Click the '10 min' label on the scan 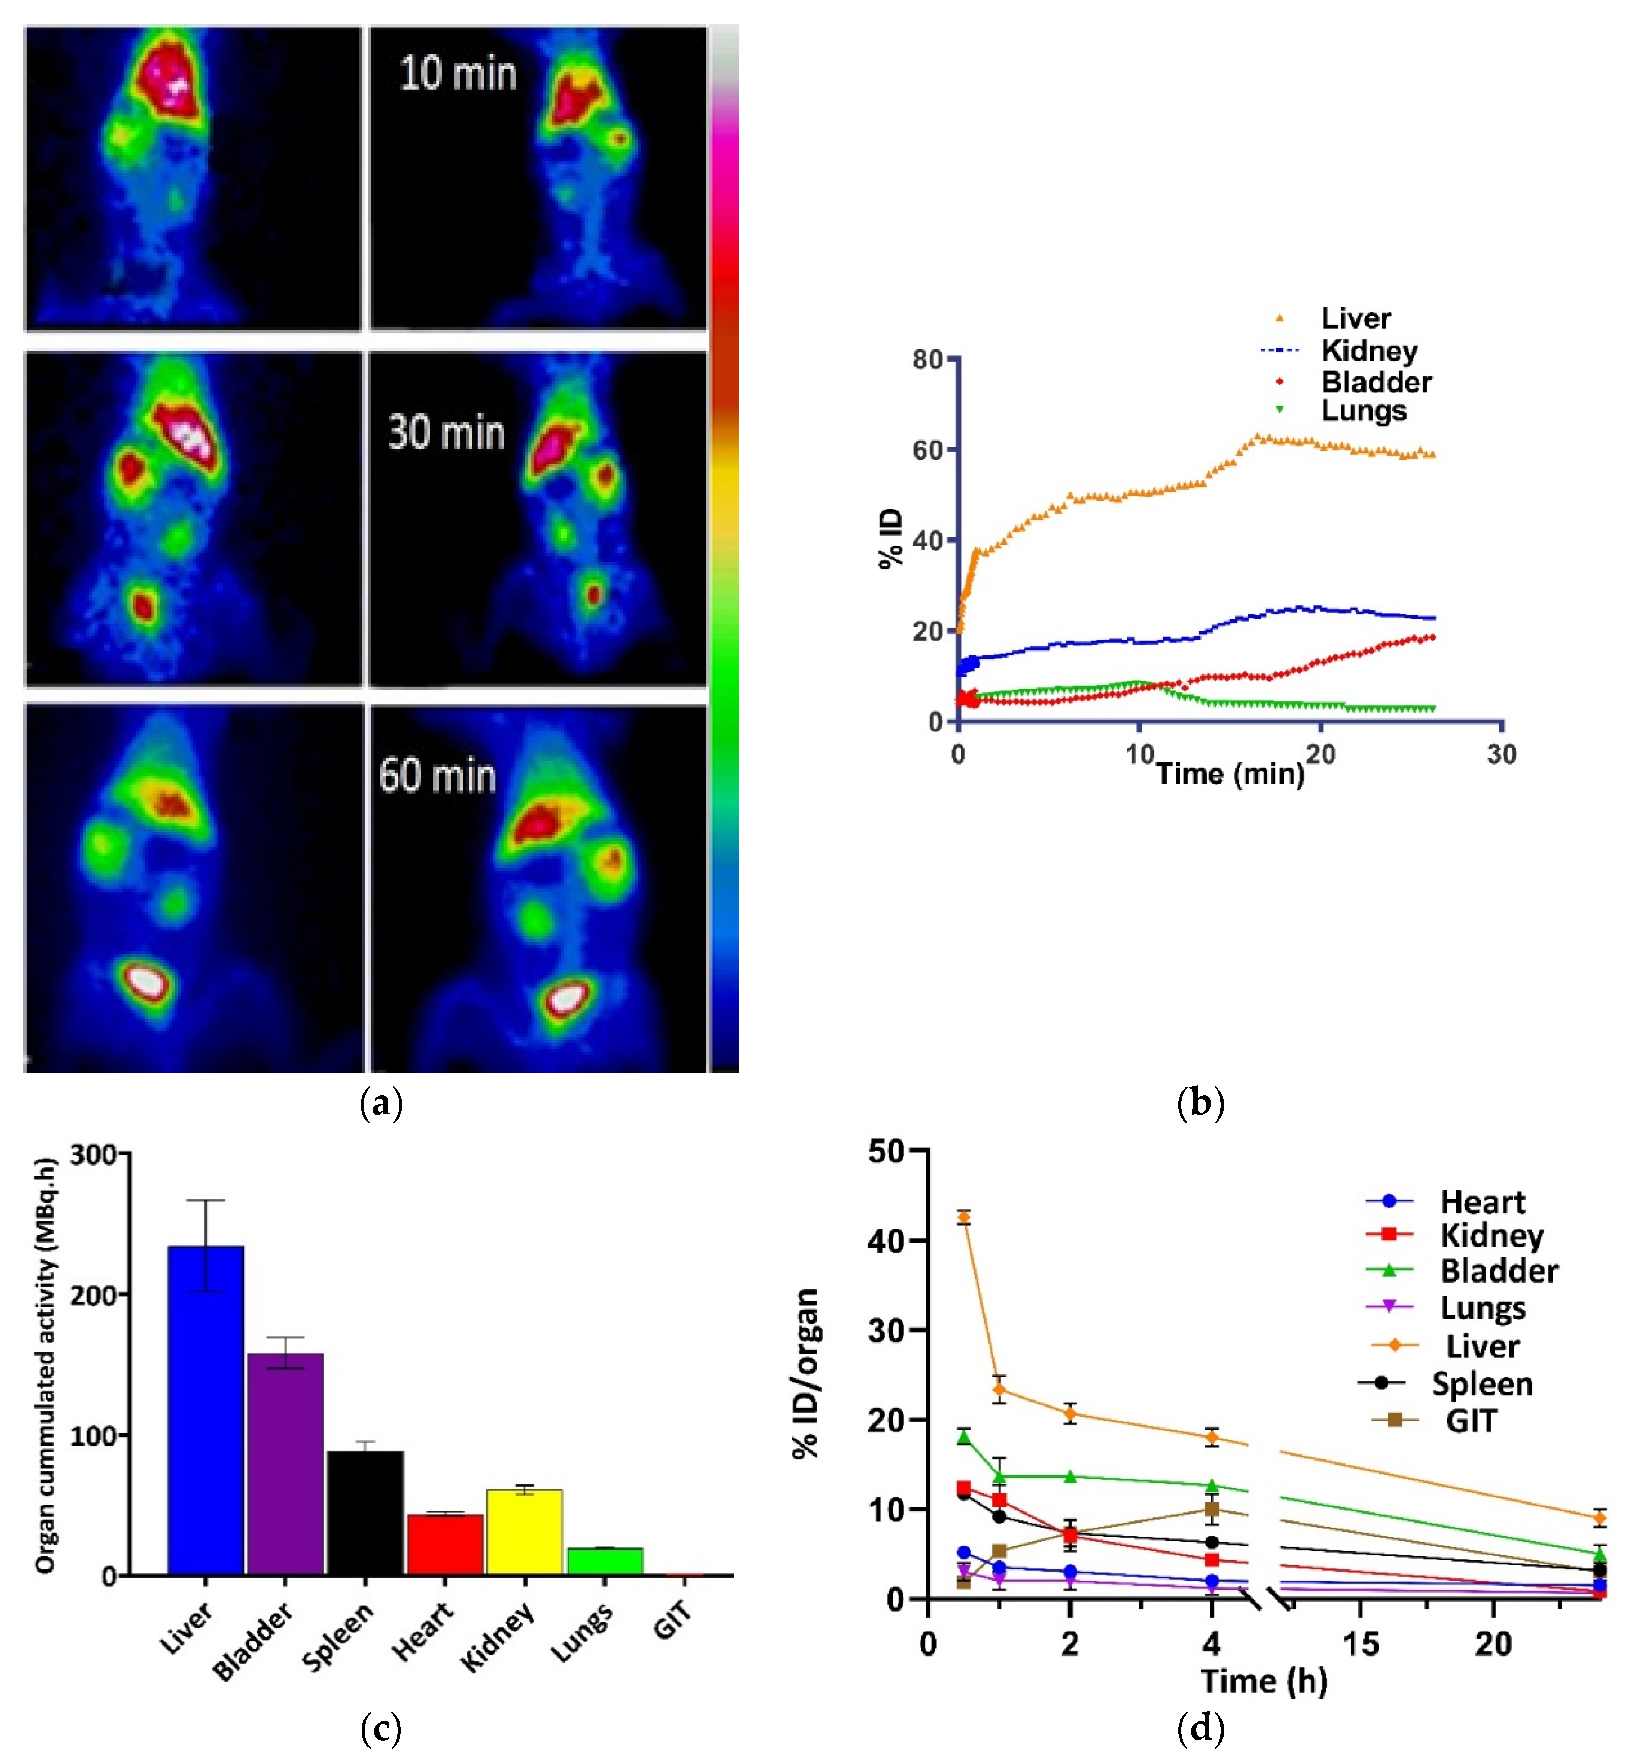click(x=458, y=74)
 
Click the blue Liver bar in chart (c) click(x=206, y=1409)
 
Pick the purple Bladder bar click(x=285, y=1462)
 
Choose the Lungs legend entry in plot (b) click(x=1363, y=411)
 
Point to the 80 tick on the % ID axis click(x=927, y=359)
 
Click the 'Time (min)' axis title click(x=1229, y=774)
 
